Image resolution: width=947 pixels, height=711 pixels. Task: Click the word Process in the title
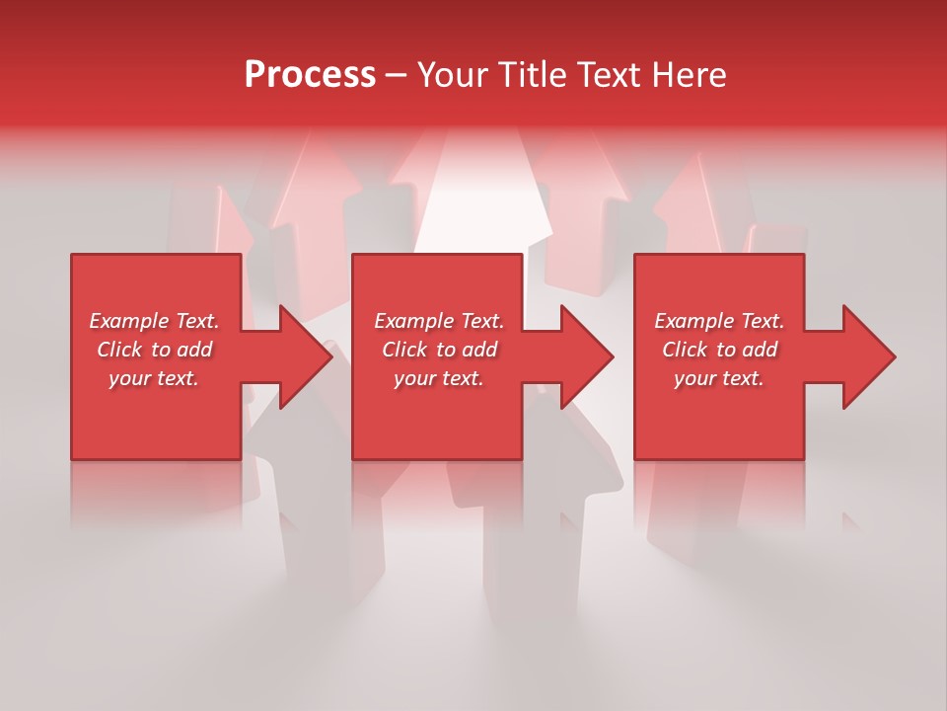tap(310, 75)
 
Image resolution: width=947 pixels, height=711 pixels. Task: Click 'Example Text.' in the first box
tap(154, 321)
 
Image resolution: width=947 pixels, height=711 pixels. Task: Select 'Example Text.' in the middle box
tap(439, 321)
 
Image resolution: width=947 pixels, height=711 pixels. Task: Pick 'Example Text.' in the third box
tap(719, 321)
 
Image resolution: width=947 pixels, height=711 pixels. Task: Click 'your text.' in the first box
tap(154, 378)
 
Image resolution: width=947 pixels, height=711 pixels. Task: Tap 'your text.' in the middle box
tap(439, 378)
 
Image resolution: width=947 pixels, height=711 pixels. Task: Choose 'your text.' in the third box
tap(719, 378)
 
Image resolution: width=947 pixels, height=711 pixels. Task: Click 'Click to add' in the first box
tap(154, 350)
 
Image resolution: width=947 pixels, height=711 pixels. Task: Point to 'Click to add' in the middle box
tap(439, 350)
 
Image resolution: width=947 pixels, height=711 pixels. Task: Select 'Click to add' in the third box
tap(719, 350)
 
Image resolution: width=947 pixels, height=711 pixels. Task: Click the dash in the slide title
tap(396, 75)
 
